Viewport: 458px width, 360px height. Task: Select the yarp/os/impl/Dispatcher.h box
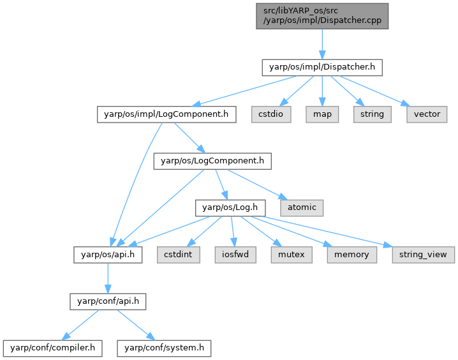point(321,66)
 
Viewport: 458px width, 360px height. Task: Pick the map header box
point(323,114)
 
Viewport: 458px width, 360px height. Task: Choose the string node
point(371,114)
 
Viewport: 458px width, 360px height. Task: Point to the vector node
point(427,114)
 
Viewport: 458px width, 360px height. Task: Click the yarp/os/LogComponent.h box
point(212,161)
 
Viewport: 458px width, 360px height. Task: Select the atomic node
point(301,207)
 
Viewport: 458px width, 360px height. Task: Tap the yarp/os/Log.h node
point(230,207)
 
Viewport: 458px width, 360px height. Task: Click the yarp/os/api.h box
point(107,254)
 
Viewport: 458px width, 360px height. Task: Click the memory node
point(351,254)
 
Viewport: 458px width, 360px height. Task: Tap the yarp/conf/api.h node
point(107,301)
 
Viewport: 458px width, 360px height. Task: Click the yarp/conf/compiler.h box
point(53,348)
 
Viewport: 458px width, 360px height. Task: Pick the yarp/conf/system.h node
point(163,348)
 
